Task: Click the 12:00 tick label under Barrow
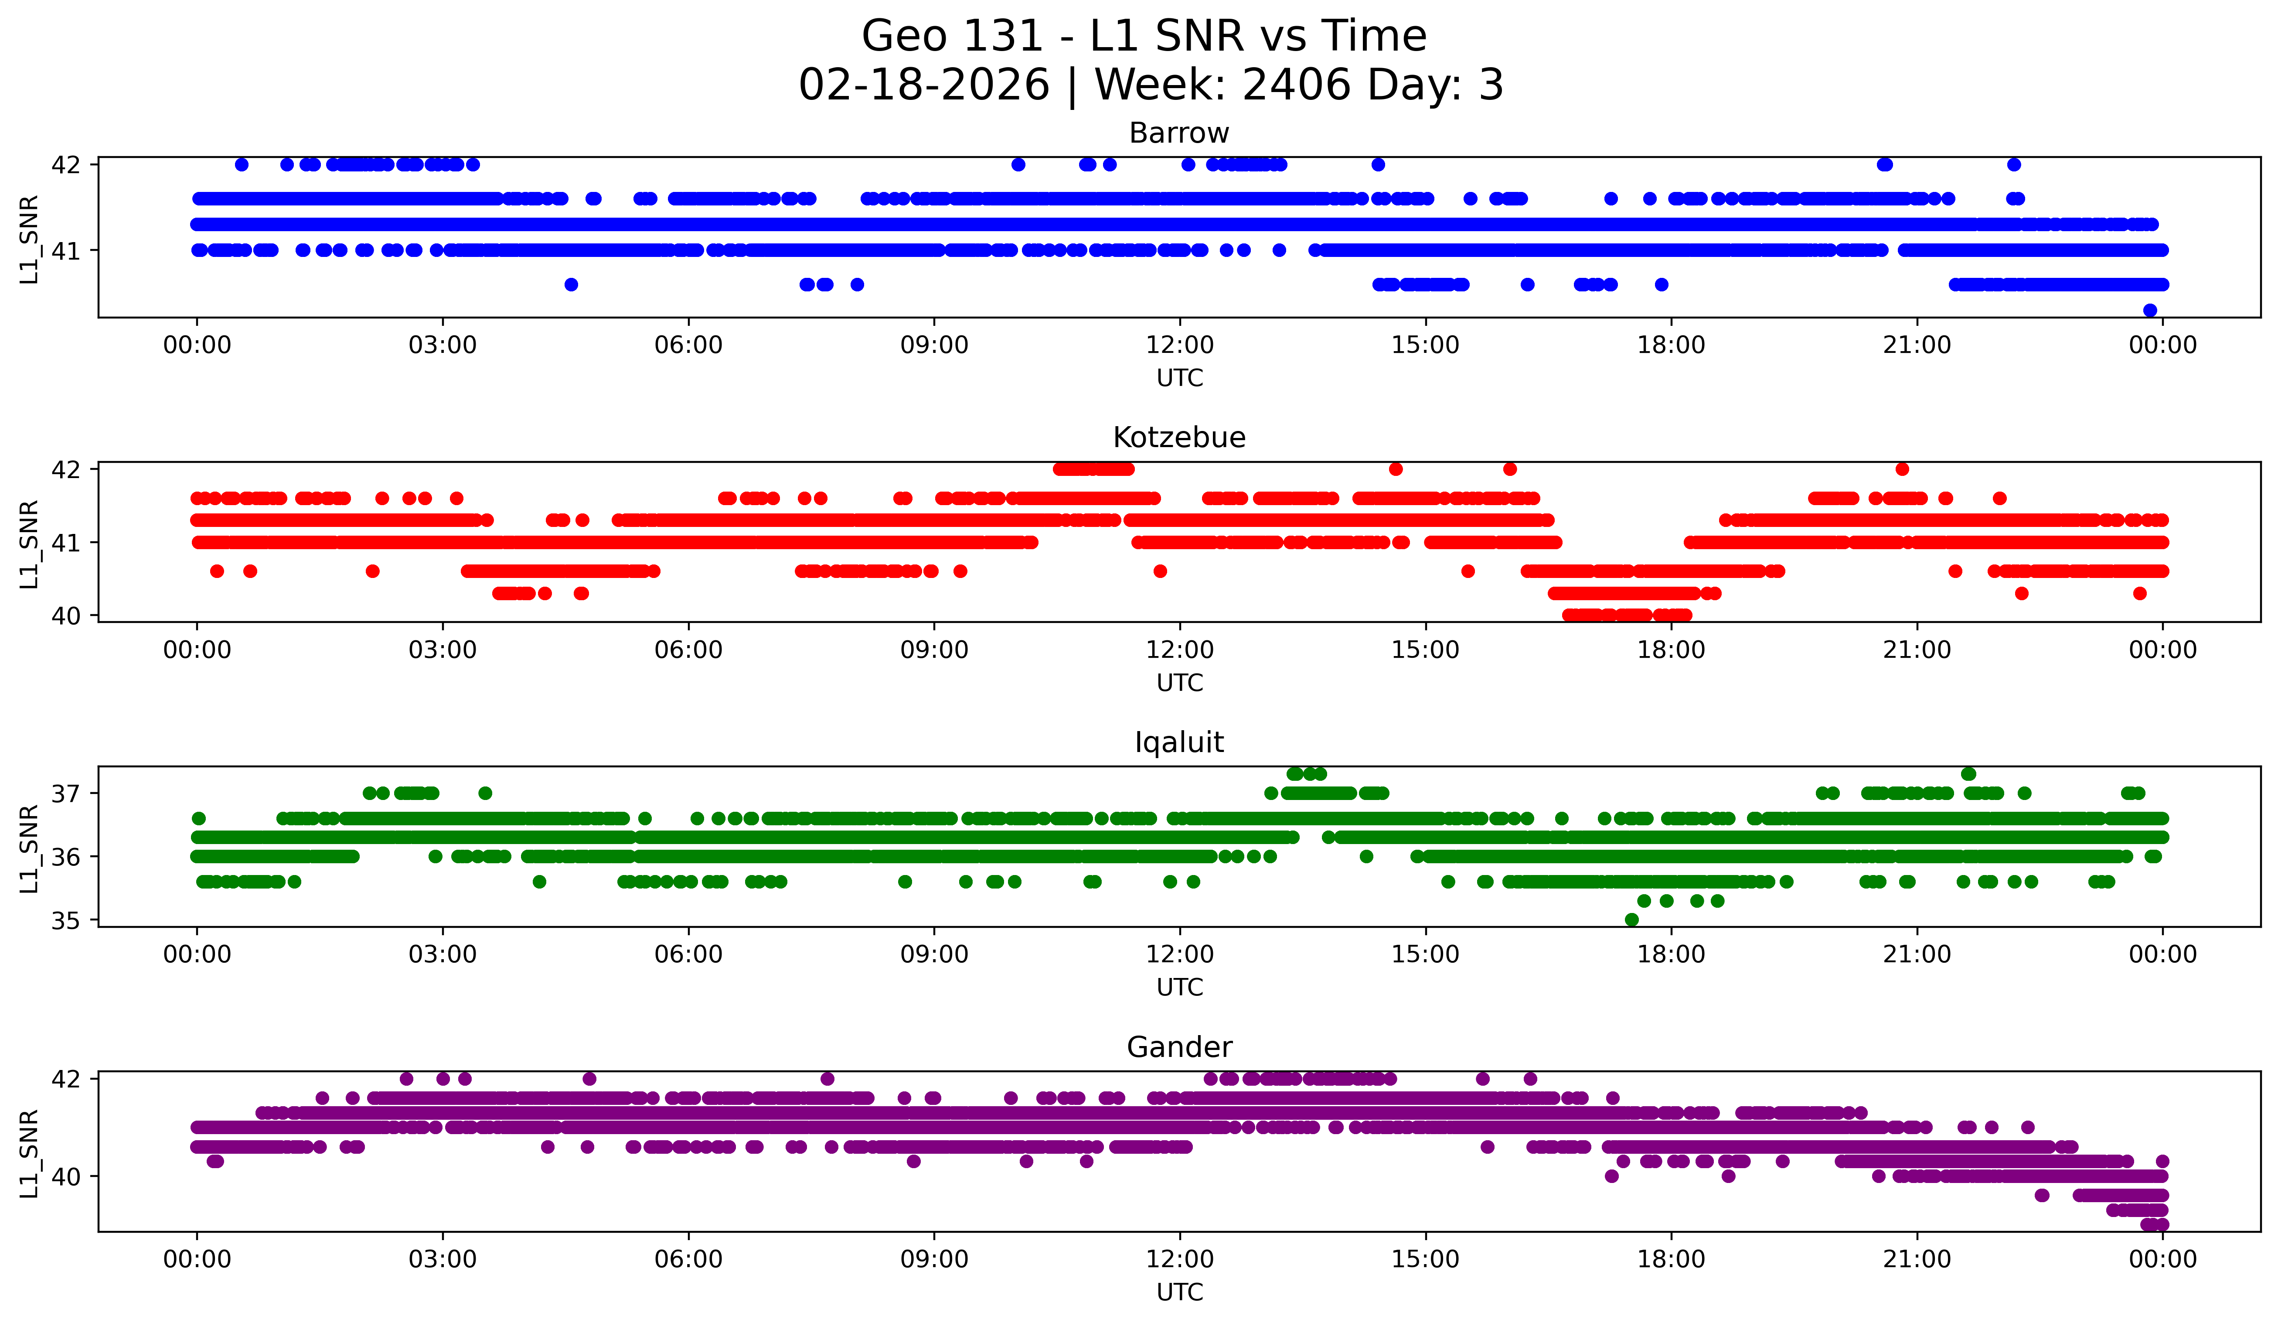click(1180, 345)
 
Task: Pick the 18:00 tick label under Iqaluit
click(1671, 955)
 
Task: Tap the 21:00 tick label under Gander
click(1917, 1260)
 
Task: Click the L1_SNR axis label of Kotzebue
click(29, 544)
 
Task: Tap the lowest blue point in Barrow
click(2150, 310)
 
